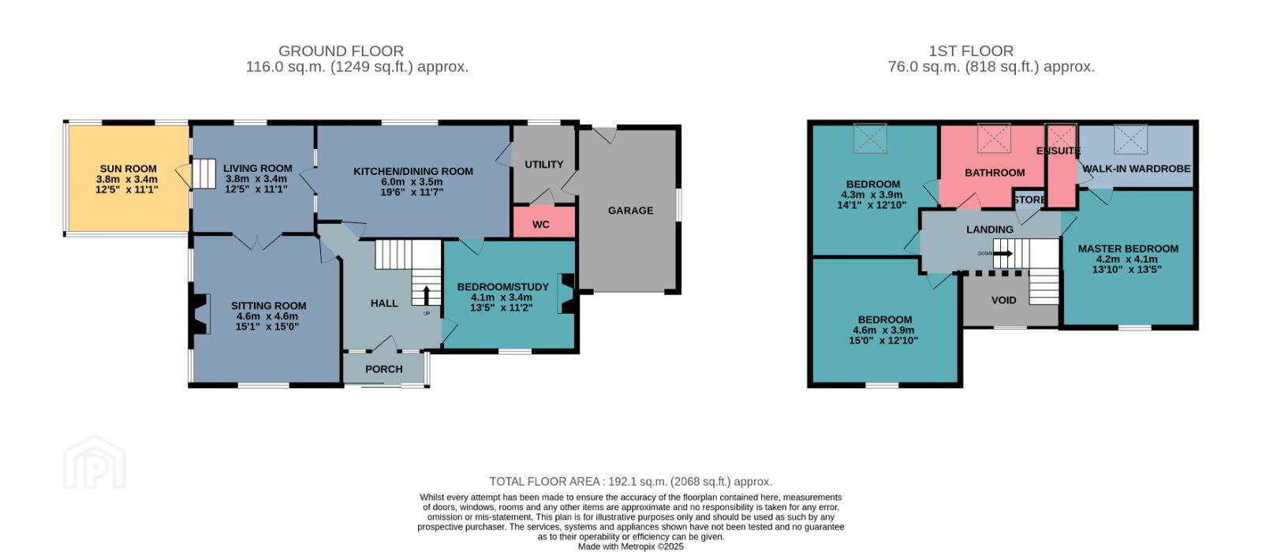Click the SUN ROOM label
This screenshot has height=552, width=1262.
(128, 169)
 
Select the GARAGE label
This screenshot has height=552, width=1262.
(630, 211)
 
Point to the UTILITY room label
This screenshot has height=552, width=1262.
(543, 165)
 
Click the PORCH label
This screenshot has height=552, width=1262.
(383, 370)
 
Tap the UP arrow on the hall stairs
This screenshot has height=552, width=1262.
(426, 295)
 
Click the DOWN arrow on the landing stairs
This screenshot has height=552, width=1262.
(1002, 253)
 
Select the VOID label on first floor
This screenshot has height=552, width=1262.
(1003, 300)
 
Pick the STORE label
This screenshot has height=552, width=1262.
(1029, 200)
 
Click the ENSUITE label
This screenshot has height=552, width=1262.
(1058, 151)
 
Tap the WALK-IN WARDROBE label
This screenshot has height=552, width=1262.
(1137, 169)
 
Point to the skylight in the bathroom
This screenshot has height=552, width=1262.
(994, 138)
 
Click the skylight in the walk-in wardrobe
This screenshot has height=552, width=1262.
(1131, 139)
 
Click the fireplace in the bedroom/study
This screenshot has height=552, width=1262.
(566, 293)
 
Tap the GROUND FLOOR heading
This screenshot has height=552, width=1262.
(341, 51)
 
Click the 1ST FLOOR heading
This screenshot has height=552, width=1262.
(971, 51)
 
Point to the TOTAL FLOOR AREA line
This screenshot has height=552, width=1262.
(630, 482)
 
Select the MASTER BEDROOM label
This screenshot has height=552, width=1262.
(1128, 249)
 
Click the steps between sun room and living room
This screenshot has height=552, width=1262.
(204, 173)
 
